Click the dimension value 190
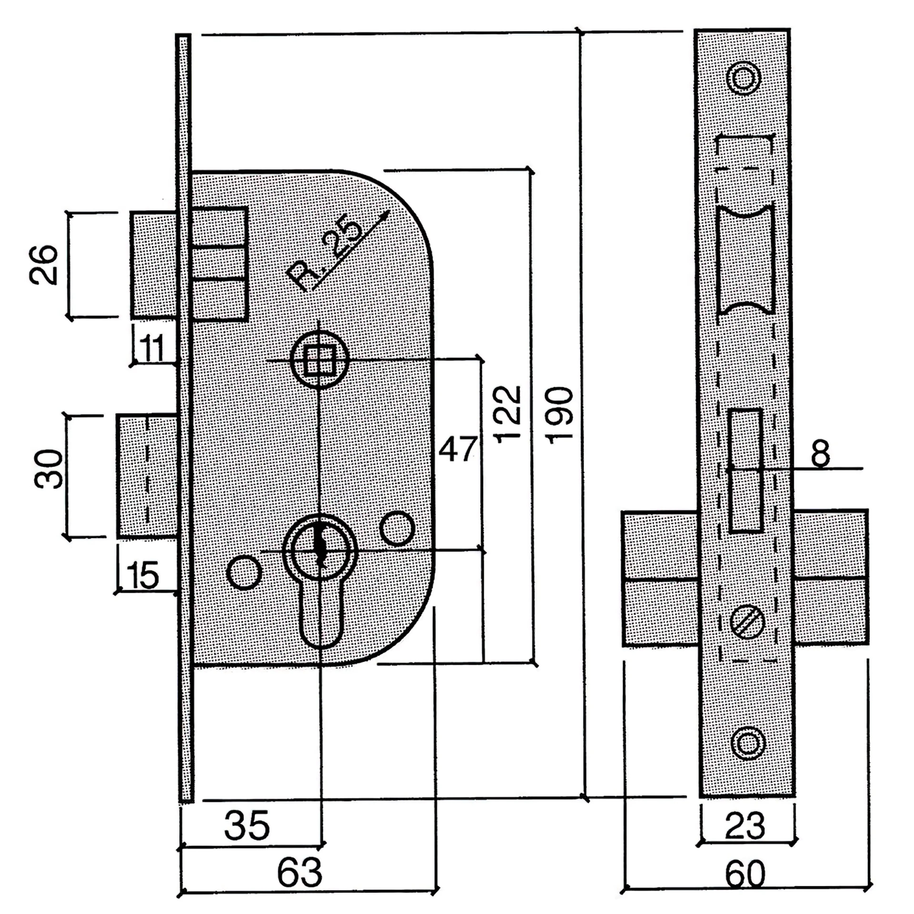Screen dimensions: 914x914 560,415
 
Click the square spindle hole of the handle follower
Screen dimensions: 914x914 319,361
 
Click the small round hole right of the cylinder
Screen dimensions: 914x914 397,528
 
